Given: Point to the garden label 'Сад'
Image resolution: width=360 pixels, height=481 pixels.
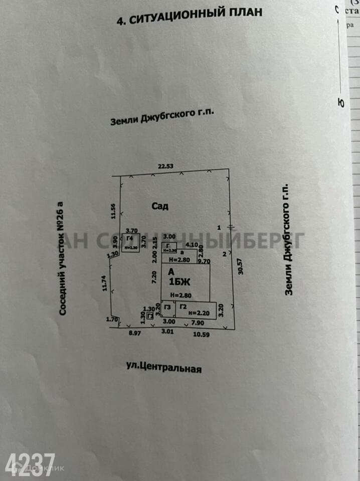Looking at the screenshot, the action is pyautogui.click(x=160, y=205).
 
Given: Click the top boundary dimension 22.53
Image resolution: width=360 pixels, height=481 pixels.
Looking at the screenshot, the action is pyautogui.click(x=165, y=166).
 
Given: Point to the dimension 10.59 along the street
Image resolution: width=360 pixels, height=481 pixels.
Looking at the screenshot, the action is pyautogui.click(x=202, y=334).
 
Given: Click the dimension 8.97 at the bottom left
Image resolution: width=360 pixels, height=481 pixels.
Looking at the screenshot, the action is pyautogui.click(x=133, y=332).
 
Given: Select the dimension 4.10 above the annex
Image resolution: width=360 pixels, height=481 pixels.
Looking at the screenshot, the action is pyautogui.click(x=192, y=245).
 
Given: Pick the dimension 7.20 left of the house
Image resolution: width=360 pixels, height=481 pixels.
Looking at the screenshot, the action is pyautogui.click(x=154, y=277).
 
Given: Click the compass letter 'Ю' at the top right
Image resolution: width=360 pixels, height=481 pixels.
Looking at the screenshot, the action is pyautogui.click(x=341, y=103).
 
